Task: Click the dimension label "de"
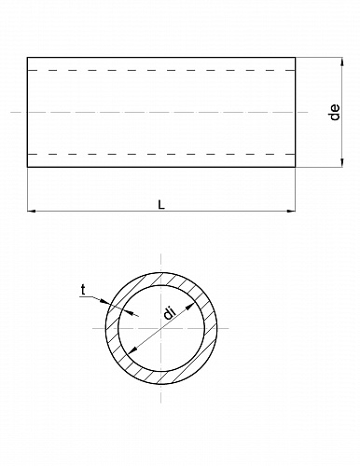(x=335, y=112)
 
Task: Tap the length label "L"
(x=161, y=205)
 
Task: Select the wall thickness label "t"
(x=83, y=291)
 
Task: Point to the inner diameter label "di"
(x=170, y=313)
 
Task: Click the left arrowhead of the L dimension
(x=31, y=211)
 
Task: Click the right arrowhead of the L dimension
(x=291, y=211)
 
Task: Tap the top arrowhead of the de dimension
(x=342, y=62)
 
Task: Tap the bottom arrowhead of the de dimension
(x=342, y=163)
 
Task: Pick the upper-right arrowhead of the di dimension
(x=189, y=307)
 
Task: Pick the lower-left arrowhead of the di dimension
(x=132, y=350)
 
